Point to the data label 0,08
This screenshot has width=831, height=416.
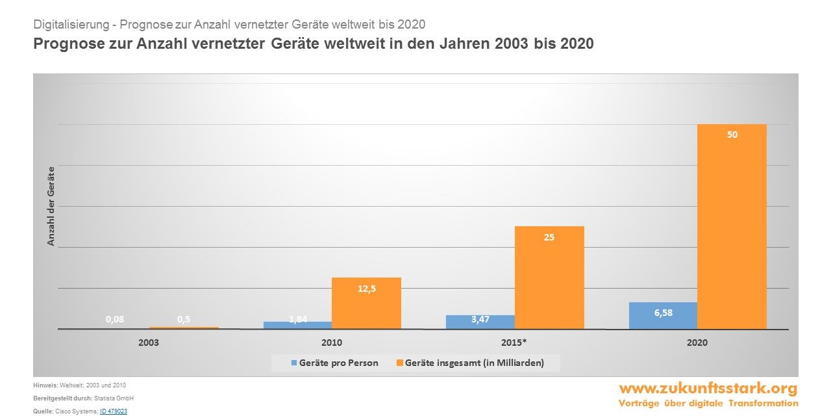click(x=115, y=319)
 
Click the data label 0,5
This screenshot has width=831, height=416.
click(x=184, y=319)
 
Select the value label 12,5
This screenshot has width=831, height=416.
click(x=367, y=289)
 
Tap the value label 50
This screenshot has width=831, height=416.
click(x=732, y=135)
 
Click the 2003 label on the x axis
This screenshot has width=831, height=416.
click(x=149, y=342)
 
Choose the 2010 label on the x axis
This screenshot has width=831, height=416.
click(x=332, y=342)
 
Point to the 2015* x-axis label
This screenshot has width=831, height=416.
click(x=515, y=342)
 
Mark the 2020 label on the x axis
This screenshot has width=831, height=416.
click(x=697, y=342)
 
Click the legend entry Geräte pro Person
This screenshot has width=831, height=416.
click(x=338, y=363)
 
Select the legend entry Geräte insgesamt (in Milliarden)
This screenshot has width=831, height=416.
click(x=474, y=363)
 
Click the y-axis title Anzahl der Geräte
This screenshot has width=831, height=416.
click(x=51, y=206)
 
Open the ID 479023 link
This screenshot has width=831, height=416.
click(x=114, y=411)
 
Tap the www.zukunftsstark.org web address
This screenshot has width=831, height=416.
click(x=708, y=389)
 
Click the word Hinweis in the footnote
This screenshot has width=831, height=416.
click(x=45, y=385)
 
